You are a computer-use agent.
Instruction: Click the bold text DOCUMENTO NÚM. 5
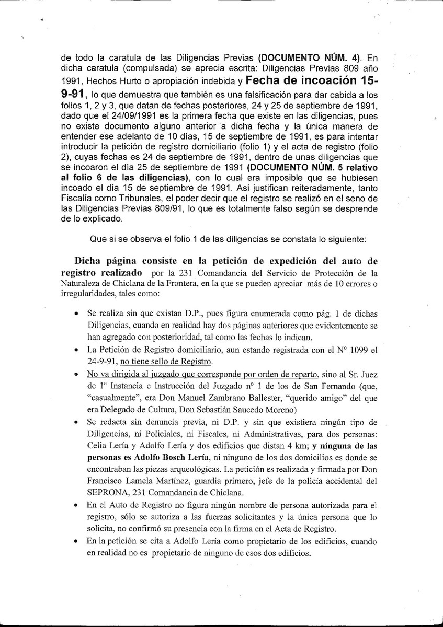pos(291,168)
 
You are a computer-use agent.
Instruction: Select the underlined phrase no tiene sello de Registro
pos(167,361)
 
